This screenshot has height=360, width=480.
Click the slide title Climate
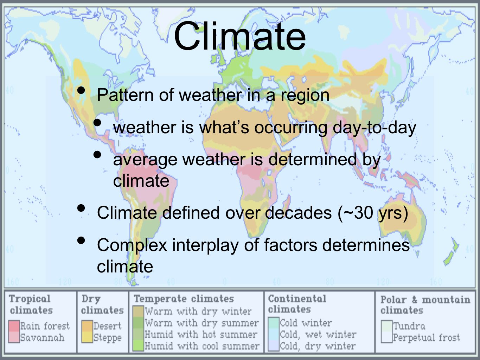tap(240, 36)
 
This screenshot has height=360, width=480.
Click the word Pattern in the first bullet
tap(125, 95)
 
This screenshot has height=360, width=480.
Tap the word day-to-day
tap(374, 128)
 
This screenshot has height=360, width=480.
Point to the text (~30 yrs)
tap(373, 213)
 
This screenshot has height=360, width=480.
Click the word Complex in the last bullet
tap(132, 246)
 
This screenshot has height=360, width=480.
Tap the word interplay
tap(205, 246)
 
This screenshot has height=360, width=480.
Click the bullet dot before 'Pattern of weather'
tap(81, 90)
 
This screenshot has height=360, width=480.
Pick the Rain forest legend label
tap(45, 326)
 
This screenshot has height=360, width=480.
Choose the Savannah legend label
tap(42, 338)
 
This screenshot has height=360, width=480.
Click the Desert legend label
tap(107, 326)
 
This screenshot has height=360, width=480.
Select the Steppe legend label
tap(107, 338)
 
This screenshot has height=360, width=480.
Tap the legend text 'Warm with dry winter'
tap(198, 311)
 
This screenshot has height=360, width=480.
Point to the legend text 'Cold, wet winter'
tap(318, 335)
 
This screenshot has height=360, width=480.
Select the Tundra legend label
tap(409, 326)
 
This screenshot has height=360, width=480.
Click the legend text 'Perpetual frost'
tap(427, 338)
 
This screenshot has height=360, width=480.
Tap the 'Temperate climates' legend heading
tap(184, 299)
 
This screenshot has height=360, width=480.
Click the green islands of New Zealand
tap(451, 252)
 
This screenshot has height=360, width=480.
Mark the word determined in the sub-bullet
tap(313, 160)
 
